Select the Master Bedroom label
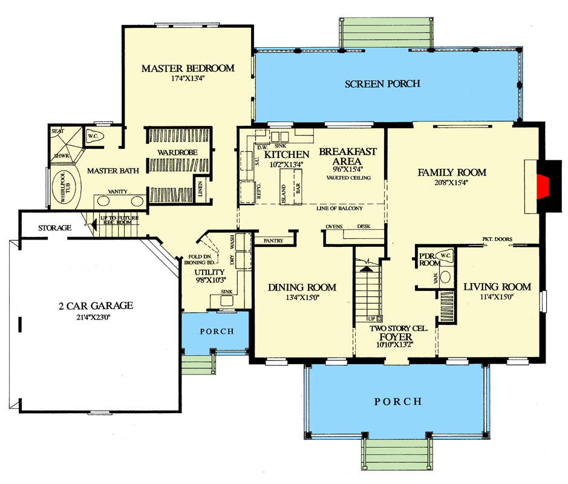coord(188,68)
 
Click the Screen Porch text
coord(382,83)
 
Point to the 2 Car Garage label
coord(92,306)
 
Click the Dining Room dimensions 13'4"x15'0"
coord(302,297)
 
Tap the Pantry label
coord(273,241)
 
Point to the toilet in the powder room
coord(444,257)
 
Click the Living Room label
coord(497,287)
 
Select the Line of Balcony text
coord(339,209)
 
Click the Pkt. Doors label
coord(497,238)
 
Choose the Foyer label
coord(396,337)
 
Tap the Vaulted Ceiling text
coord(348,178)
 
